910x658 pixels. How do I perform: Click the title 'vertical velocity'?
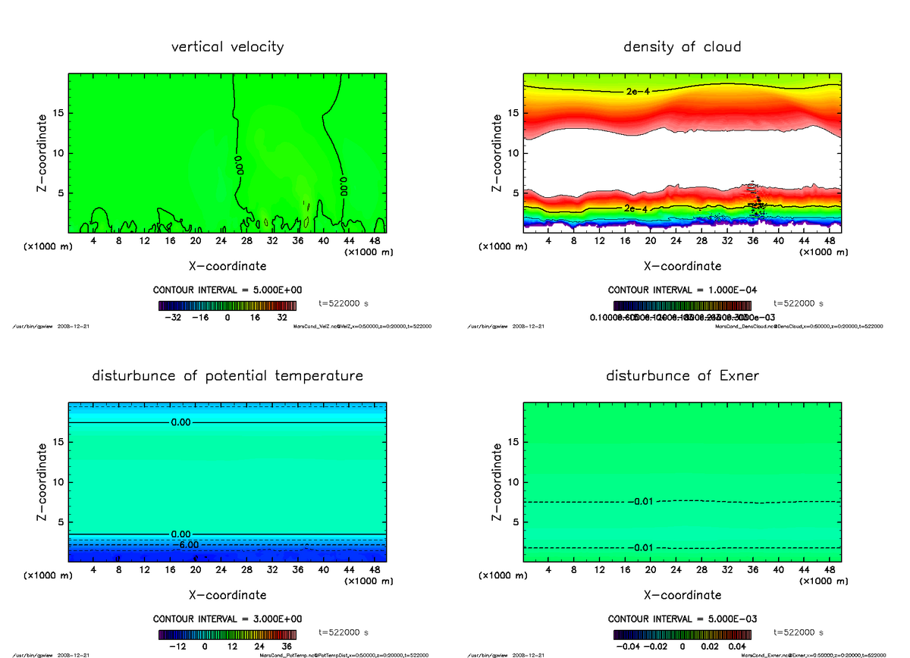click(227, 47)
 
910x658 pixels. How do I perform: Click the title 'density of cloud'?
click(682, 47)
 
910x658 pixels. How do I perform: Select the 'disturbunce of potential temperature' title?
click(227, 376)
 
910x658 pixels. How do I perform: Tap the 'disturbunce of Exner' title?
click(682, 376)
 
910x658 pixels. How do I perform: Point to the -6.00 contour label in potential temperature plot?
click(185, 544)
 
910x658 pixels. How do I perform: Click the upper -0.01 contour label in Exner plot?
click(642, 501)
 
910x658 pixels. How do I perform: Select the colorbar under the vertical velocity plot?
click(227, 305)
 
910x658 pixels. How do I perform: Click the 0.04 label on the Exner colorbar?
click(736, 647)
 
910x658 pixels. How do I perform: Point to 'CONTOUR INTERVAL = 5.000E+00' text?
click(227, 290)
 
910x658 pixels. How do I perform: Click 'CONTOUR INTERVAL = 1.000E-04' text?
click(682, 290)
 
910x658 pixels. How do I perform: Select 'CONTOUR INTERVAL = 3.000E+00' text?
click(227, 619)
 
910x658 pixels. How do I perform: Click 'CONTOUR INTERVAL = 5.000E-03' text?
click(682, 619)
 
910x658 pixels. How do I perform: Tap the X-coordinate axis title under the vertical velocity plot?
click(227, 266)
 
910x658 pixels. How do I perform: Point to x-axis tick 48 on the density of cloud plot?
click(830, 241)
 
